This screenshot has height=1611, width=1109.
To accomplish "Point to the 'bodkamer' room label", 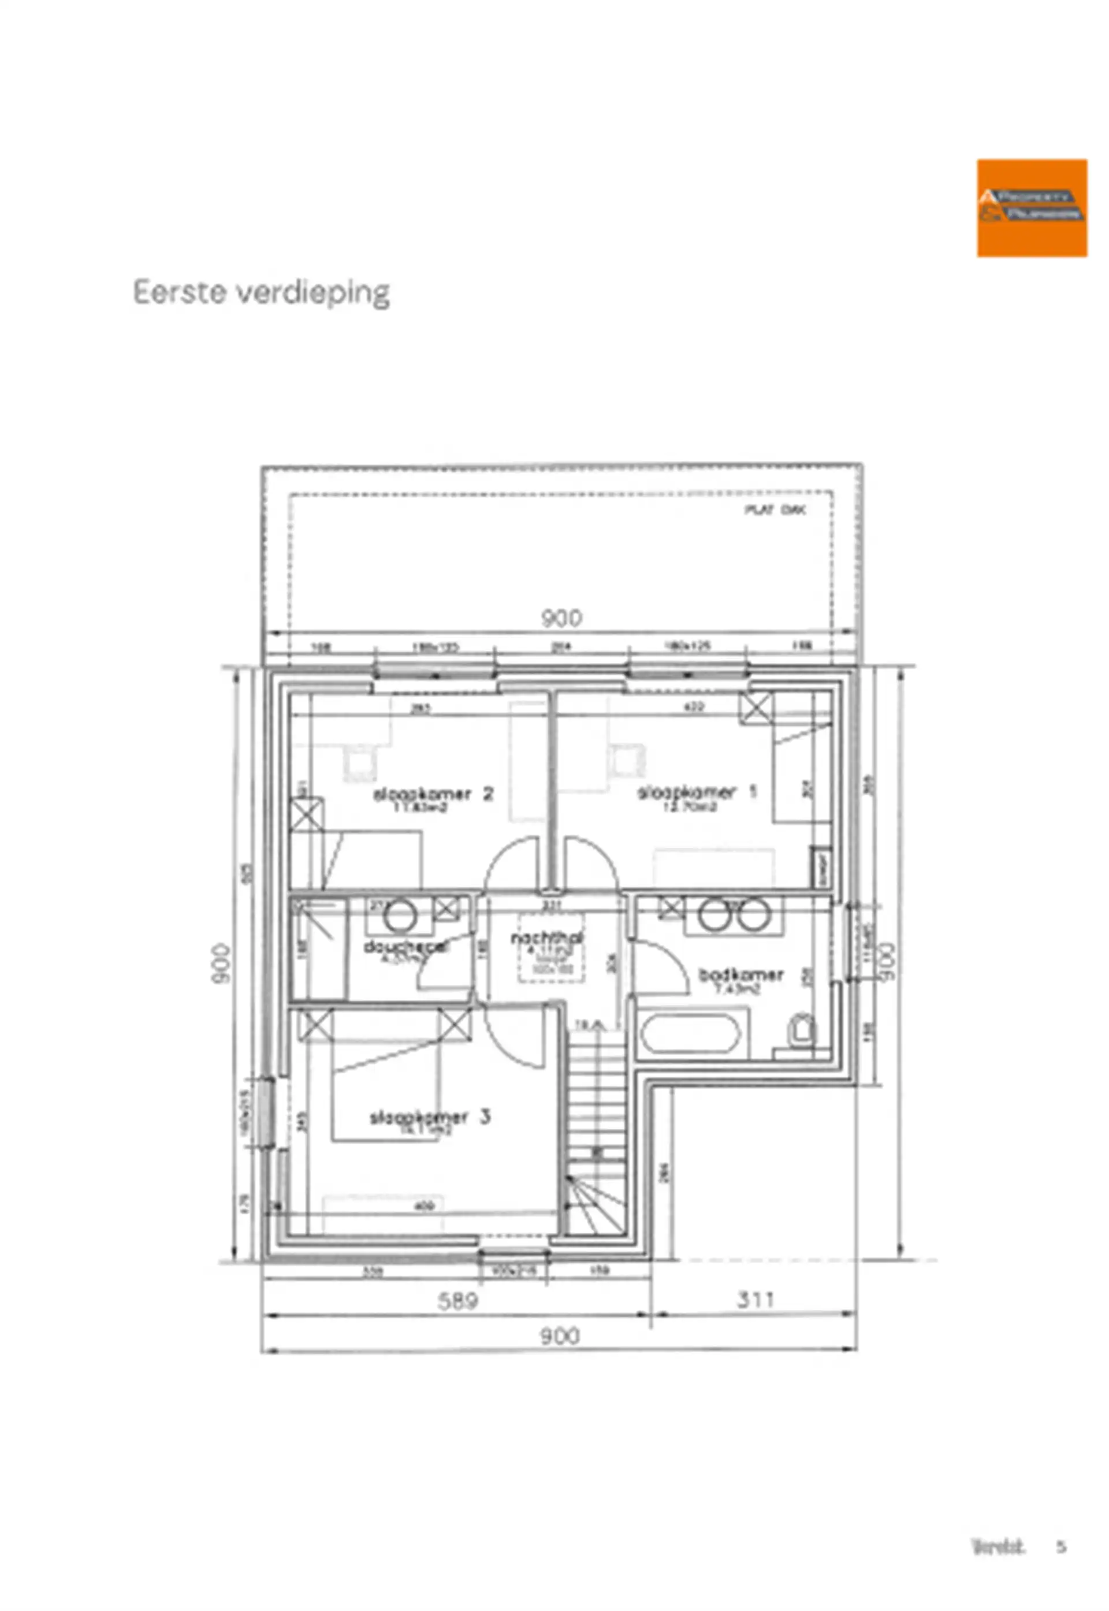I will [740, 974].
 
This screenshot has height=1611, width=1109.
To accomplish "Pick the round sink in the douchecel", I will [400, 916].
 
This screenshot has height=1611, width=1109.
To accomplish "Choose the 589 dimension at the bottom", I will [457, 1300].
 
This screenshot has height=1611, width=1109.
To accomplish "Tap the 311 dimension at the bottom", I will [754, 1299].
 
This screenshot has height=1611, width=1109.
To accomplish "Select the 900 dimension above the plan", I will [561, 617].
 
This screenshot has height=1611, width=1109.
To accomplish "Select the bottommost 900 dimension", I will [559, 1336].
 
